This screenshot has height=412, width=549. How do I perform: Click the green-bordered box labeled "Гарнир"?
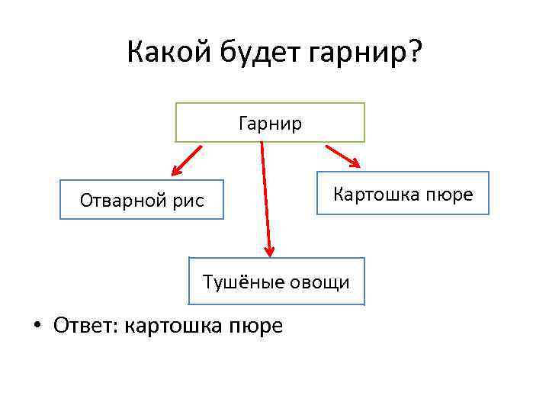tap(270, 122)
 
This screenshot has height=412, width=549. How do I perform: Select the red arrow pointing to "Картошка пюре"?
tap(342, 155)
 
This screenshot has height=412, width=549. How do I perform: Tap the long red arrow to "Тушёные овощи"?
tap(265, 198)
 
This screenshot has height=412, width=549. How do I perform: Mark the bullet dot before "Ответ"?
tap(36, 327)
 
